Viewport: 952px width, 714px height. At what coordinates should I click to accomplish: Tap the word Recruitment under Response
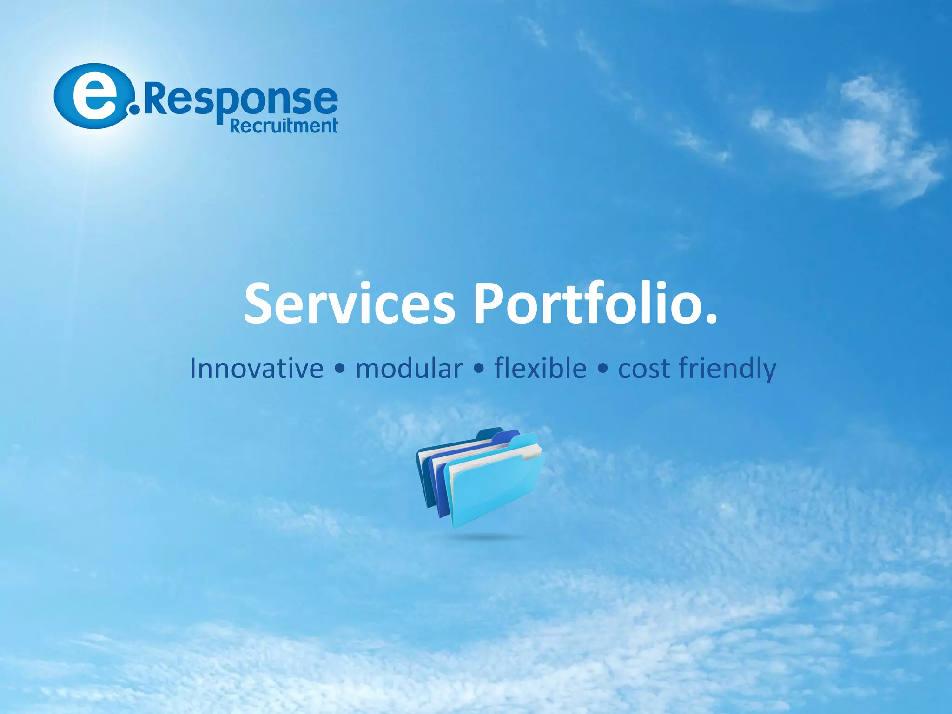click(x=284, y=126)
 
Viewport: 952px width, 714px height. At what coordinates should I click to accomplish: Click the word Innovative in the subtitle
click(x=257, y=369)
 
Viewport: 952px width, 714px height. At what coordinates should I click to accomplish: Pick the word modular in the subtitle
click(x=409, y=369)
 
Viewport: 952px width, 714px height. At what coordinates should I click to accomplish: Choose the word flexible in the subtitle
click(x=540, y=369)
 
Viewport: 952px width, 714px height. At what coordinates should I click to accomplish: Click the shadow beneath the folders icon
click(x=483, y=537)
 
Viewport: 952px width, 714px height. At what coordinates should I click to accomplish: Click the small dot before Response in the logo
click(x=135, y=109)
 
